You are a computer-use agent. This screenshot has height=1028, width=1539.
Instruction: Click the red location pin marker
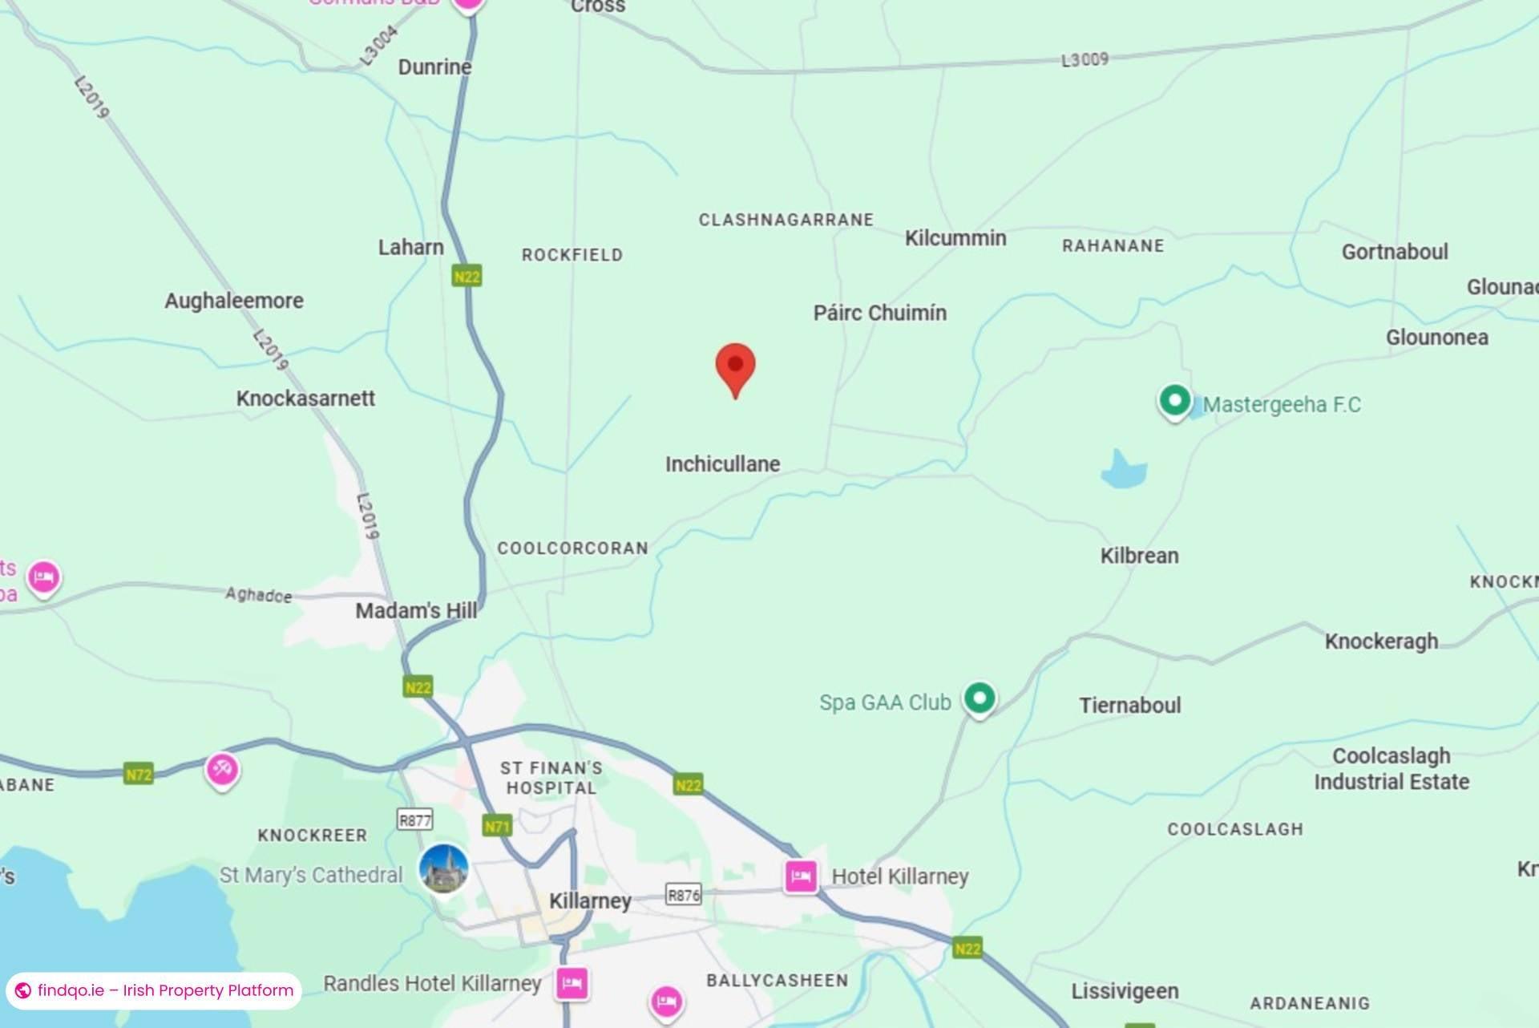pos(735,367)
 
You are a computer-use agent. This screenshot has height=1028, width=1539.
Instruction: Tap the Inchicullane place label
pos(722,464)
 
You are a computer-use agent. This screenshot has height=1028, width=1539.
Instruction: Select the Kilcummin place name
pos(955,238)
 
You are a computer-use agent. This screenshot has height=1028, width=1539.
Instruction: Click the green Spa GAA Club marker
pos(979,698)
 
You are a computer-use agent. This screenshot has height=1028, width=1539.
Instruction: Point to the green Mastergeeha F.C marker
pos(1174,400)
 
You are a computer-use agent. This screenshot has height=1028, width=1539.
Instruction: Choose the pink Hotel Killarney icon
pos(800,876)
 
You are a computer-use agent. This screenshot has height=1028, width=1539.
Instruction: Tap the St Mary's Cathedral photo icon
pos(443,868)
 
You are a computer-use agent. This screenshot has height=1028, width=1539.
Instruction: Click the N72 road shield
pos(139,775)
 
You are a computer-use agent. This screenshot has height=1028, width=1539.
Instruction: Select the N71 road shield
pos(497,826)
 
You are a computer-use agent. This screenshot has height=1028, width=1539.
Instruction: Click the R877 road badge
pos(414,820)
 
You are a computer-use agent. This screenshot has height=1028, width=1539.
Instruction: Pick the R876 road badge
pos(683,894)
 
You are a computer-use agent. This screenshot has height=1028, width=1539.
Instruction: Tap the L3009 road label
pos(1085,60)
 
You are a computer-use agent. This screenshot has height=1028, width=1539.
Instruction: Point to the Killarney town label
pos(590,901)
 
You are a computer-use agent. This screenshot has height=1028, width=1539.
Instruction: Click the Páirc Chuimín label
pos(879,313)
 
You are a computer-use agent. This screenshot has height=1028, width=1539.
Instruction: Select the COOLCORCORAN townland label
pos(572,548)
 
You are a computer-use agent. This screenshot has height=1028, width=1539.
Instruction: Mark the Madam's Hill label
pos(415,611)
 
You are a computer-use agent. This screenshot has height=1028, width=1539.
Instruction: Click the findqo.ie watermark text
pos(165,990)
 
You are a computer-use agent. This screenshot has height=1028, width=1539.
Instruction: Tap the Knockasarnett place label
pos(305,399)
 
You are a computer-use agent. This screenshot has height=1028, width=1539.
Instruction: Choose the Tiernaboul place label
pos(1129,706)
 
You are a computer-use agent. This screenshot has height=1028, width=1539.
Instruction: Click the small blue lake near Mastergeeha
pos(1123,471)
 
